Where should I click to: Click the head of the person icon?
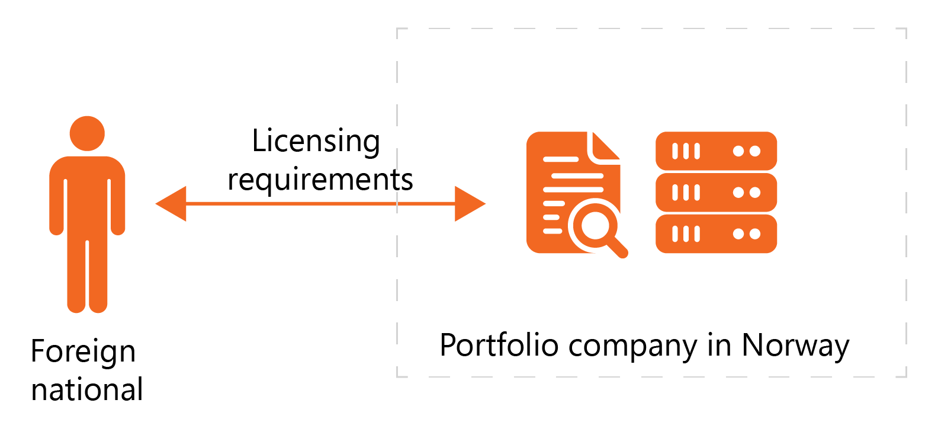(87, 133)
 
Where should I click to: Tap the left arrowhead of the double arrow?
(172, 203)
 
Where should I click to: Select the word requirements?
(320, 180)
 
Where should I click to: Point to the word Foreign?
(83, 352)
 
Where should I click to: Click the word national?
(87, 390)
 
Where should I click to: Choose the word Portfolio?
(499, 345)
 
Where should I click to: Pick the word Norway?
(795, 346)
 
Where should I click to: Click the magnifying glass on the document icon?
(597, 228)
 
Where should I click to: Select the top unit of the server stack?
(716, 151)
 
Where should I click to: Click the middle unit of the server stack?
(716, 193)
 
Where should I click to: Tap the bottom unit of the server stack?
(716, 234)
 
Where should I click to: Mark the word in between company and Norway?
(719, 345)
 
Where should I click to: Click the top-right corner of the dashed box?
(906, 28)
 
